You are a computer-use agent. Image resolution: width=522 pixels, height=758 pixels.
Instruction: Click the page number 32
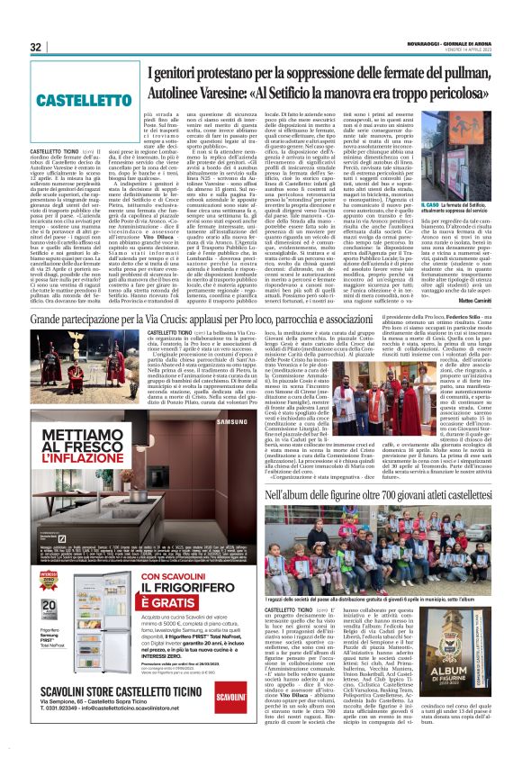36,47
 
